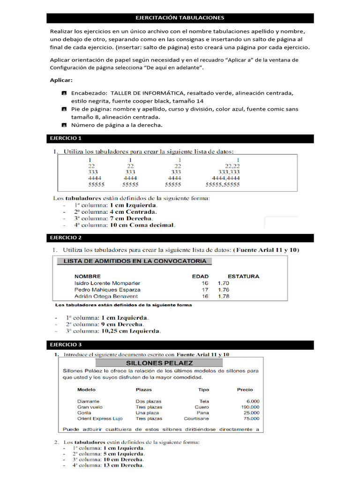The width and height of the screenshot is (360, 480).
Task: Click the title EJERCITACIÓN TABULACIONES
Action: coord(180,18)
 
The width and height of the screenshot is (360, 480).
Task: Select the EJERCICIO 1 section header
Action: coord(66,138)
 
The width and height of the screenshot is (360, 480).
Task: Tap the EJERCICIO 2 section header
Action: coord(66,238)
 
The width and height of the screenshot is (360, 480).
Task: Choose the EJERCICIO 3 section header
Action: coord(66,345)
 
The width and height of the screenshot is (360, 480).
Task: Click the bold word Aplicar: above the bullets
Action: coord(61,80)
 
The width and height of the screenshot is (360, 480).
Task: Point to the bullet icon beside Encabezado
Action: coord(64,93)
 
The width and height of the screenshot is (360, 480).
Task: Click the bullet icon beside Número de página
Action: coord(64,125)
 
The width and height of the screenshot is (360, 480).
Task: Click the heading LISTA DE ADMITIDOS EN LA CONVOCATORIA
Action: coord(135,261)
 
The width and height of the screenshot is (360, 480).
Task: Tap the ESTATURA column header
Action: coord(243,277)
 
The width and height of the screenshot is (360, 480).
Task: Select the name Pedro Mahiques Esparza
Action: coord(107,290)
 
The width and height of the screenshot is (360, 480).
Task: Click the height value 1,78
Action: coord(224,296)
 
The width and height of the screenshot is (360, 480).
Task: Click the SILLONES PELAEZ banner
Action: coord(159,363)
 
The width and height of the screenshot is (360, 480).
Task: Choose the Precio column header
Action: coord(245,390)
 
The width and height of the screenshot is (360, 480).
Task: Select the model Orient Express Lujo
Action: coord(100,419)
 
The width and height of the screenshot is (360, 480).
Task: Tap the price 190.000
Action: coord(249,407)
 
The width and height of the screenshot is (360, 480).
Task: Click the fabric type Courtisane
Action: coord(196,419)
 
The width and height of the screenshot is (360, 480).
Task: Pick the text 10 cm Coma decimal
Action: coord(142,225)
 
